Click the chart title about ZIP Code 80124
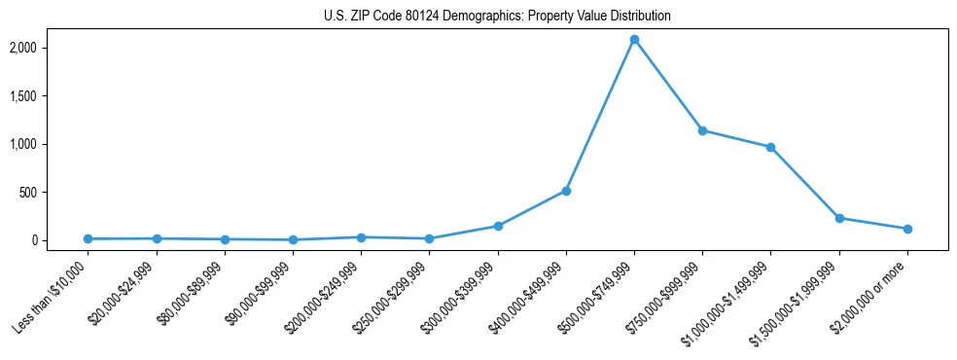[497, 17]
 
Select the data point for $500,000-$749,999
[634, 40]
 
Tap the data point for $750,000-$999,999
[702, 130]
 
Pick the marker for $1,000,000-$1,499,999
[770, 147]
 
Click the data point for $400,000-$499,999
[566, 191]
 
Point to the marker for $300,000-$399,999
[498, 226]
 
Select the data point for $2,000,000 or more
[907, 229]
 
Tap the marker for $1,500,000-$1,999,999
[839, 218]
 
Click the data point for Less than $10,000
[89, 238]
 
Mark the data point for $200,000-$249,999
[361, 236]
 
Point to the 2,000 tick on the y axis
[49, 48]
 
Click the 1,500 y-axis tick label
[49, 96]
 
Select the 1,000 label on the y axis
[49, 144]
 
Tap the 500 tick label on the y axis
[53, 193]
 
